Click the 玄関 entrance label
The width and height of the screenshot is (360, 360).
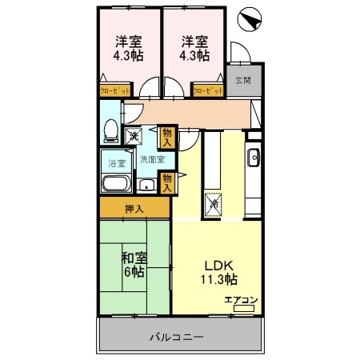tap(242, 80)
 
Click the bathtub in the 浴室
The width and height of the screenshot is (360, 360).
tap(117, 184)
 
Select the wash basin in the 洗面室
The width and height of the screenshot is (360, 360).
tap(146, 186)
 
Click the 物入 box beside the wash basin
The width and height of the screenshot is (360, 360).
tap(166, 182)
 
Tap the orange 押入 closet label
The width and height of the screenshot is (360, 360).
tap(134, 210)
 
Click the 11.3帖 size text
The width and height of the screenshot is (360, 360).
tap(218, 280)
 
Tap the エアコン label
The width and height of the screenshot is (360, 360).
tap(241, 300)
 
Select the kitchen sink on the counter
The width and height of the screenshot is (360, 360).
tap(253, 156)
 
